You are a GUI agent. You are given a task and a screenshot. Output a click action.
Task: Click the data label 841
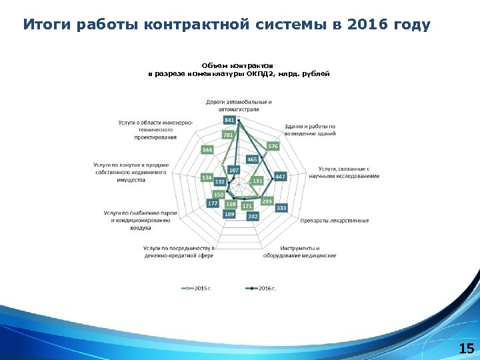[x=229, y=119]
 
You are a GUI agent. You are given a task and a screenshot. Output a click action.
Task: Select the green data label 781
[x=228, y=135]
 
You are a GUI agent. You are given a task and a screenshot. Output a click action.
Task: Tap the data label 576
[x=273, y=146]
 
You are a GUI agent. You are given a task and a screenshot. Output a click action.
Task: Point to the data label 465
[x=252, y=159]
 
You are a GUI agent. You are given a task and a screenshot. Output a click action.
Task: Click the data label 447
[x=280, y=177]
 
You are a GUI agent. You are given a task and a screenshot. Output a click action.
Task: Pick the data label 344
[x=207, y=150]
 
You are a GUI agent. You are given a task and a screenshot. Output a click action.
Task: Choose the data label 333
[x=281, y=208]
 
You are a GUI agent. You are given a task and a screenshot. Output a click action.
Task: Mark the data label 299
[x=267, y=201]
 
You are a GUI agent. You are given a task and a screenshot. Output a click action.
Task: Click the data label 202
[x=253, y=216]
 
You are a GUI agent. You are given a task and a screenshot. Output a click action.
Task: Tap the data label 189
[x=229, y=214]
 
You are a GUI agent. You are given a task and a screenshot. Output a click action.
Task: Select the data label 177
[x=213, y=203]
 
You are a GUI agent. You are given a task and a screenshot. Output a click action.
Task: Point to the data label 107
[x=234, y=170]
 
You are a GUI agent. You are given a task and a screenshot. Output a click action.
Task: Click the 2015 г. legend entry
[x=199, y=288]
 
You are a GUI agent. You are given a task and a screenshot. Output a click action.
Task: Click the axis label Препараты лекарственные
[x=334, y=221]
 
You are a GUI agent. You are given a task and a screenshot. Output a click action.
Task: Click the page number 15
[x=466, y=348]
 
